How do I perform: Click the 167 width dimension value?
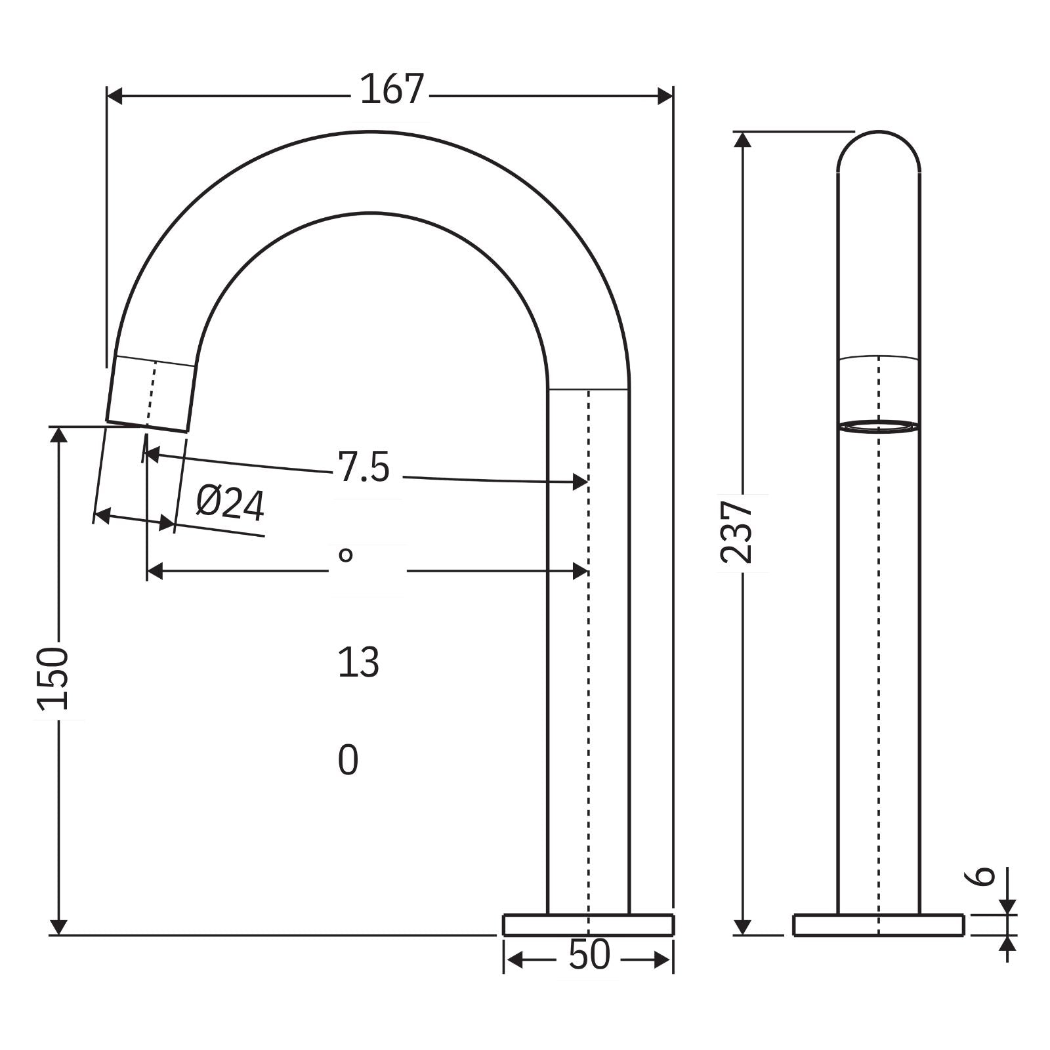(392, 90)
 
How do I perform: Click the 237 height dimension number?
(736, 532)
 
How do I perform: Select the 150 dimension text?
(52, 679)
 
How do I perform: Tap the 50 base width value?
(589, 955)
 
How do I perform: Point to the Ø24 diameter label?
(230, 504)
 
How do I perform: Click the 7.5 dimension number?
(364, 467)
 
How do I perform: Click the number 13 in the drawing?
(358, 663)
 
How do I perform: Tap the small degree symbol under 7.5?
(346, 556)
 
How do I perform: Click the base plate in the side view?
(588, 925)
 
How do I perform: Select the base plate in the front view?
(878, 925)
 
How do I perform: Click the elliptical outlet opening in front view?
(879, 427)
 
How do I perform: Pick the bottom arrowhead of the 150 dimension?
(58, 927)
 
